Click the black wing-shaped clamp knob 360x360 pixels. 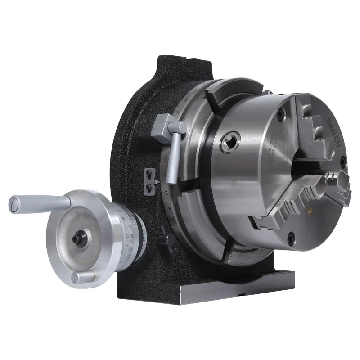coord(163,234)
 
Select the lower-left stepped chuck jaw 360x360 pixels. coord(279,211)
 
